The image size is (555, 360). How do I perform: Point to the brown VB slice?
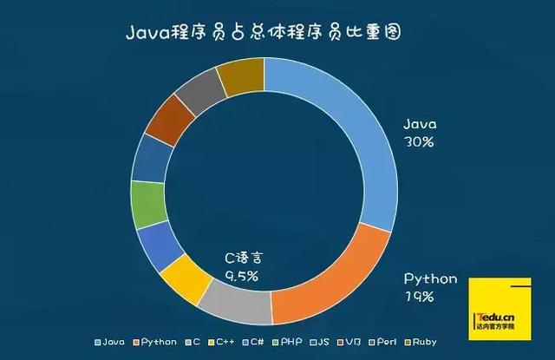(x=170, y=120)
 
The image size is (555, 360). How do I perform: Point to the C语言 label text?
(x=243, y=258)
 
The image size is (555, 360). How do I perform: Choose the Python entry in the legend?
(x=158, y=342)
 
